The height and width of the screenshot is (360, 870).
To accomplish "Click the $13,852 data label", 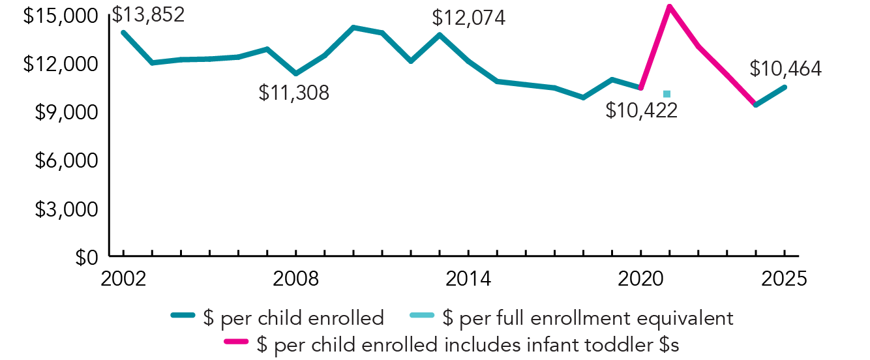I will click(x=148, y=14).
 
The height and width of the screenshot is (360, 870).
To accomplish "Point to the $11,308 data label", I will click(x=294, y=93).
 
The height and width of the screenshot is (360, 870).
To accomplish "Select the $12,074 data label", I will click(x=470, y=18).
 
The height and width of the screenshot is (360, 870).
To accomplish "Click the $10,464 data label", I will click(x=785, y=68).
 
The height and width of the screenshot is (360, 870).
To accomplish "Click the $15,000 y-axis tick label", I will click(x=59, y=16).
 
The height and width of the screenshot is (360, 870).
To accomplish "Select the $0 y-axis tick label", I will click(x=88, y=257).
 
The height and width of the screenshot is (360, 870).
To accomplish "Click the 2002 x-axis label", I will click(x=123, y=278).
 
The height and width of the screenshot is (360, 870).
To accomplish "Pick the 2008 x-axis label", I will click(x=296, y=278).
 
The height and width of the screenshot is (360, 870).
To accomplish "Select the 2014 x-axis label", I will click(x=469, y=278).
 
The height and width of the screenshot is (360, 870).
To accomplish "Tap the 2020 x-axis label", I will click(x=641, y=278).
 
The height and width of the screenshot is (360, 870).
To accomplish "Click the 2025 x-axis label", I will click(x=785, y=278).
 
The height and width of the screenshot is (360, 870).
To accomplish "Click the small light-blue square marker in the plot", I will click(x=667, y=94).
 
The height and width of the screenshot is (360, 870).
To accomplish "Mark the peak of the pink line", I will click(x=669, y=7).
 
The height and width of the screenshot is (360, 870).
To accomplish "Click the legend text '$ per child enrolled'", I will click(x=293, y=318).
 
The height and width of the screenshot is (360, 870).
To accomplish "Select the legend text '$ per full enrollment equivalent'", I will click(x=588, y=318).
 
